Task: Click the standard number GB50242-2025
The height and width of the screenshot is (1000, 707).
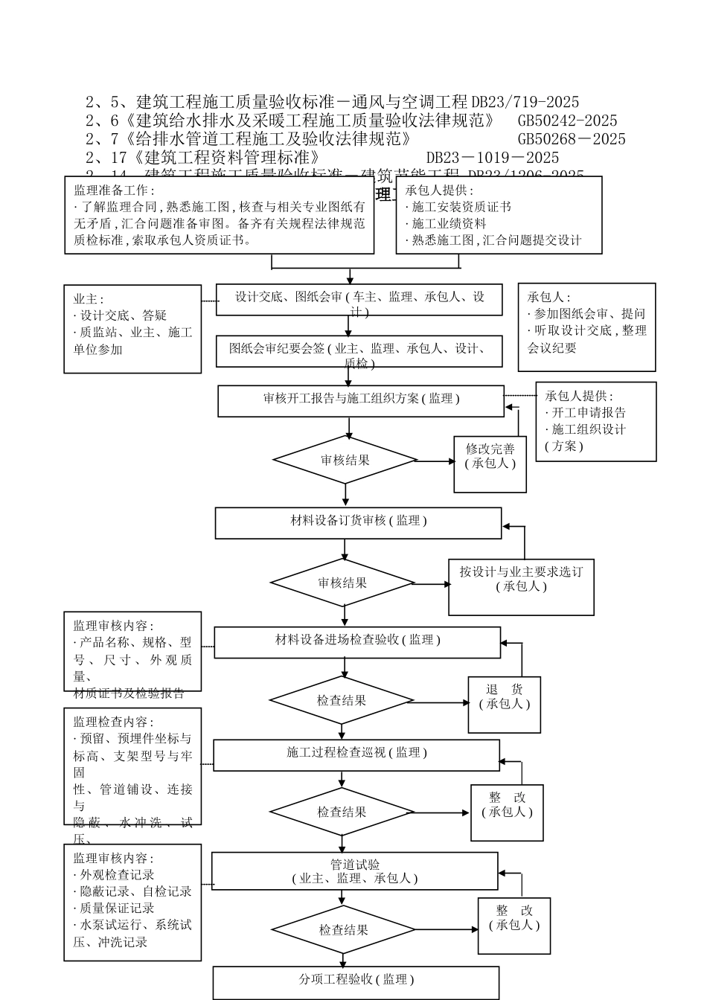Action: [567, 121]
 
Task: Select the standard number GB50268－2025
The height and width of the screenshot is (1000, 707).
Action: [572, 139]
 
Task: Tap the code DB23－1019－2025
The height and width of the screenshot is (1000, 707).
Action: [492, 158]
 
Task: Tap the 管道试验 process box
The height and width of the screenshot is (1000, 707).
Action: [354, 871]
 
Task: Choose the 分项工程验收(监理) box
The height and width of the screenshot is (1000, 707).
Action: [356, 981]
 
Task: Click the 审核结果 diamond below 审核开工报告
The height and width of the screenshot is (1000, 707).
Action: [345, 460]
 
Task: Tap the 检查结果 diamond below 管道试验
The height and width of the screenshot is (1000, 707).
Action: [343, 929]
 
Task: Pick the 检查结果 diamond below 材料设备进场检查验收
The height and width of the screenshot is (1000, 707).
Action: [342, 700]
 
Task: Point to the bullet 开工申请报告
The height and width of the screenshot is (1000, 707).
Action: [588, 413]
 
